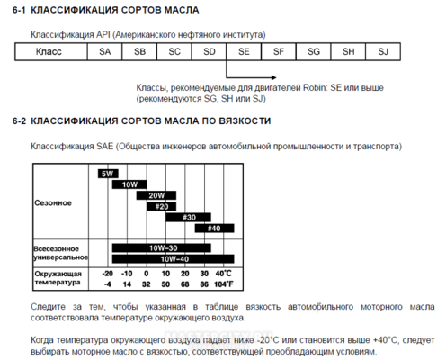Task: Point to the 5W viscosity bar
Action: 109,173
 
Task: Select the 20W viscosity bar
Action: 156,194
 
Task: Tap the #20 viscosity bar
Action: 163,206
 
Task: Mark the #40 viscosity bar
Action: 213,229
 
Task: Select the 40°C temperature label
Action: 223,273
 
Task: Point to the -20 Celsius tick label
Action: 108,273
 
